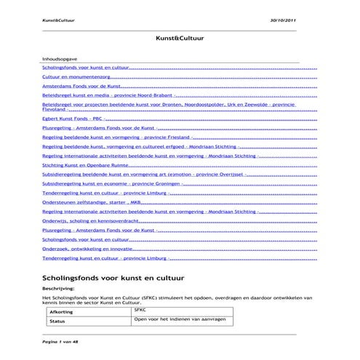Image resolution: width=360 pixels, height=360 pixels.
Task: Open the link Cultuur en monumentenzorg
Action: pos(77,76)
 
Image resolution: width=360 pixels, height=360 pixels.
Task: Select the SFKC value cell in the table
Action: pos(140,309)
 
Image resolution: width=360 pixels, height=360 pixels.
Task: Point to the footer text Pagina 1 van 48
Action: pos(61,340)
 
